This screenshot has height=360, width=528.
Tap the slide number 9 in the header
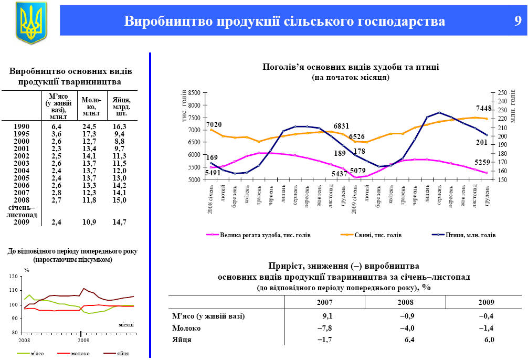pyautogui.click(x=518, y=22)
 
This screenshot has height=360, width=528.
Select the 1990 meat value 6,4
pyautogui.click(x=57, y=126)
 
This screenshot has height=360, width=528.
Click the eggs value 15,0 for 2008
pyautogui.click(x=120, y=200)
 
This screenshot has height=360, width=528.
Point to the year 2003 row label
pyautogui.click(x=22, y=163)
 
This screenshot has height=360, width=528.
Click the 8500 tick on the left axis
pyautogui.click(x=194, y=92)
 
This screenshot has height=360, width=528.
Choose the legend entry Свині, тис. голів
pyautogui.click(x=375, y=235)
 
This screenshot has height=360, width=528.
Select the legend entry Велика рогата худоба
pyautogui.click(x=265, y=235)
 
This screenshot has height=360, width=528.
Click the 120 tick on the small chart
pyautogui.click(x=14, y=276)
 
